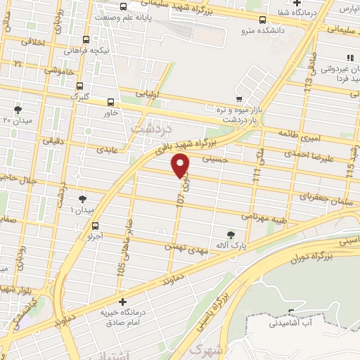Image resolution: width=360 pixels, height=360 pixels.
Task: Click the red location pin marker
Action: (181, 165)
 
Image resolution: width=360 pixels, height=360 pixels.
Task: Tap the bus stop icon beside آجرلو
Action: (96, 225)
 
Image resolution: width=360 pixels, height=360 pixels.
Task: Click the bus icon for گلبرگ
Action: (79, 85)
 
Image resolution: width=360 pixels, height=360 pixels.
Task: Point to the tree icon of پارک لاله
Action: (232, 234)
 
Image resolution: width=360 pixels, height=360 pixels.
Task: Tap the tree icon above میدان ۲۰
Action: (18, 109)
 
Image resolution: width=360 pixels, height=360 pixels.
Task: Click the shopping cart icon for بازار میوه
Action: (240, 98)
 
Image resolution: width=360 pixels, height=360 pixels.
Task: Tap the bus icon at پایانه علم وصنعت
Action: (124, 7)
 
